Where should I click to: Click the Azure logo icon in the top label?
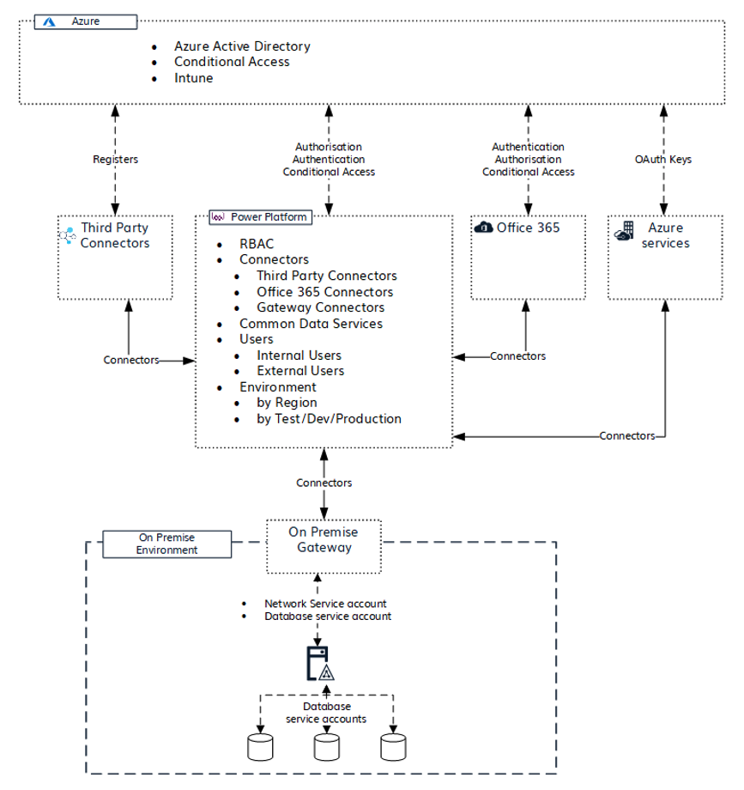50,21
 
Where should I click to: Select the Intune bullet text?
194,77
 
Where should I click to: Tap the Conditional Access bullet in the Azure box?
232,62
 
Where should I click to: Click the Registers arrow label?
115,160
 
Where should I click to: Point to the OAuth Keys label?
662,160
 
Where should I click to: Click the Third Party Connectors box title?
115,235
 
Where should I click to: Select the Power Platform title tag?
260,217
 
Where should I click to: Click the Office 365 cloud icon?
484,228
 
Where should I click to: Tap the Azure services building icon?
624,232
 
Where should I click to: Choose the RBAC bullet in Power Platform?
257,244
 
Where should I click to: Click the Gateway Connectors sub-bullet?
320,307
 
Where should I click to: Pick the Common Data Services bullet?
311,324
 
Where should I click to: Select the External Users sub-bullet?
300,371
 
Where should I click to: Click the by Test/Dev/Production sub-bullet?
329,419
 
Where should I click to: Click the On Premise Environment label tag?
166,544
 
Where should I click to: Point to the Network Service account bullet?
325,604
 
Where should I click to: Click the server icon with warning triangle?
319,665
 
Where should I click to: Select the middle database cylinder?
326,746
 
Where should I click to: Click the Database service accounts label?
326,713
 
